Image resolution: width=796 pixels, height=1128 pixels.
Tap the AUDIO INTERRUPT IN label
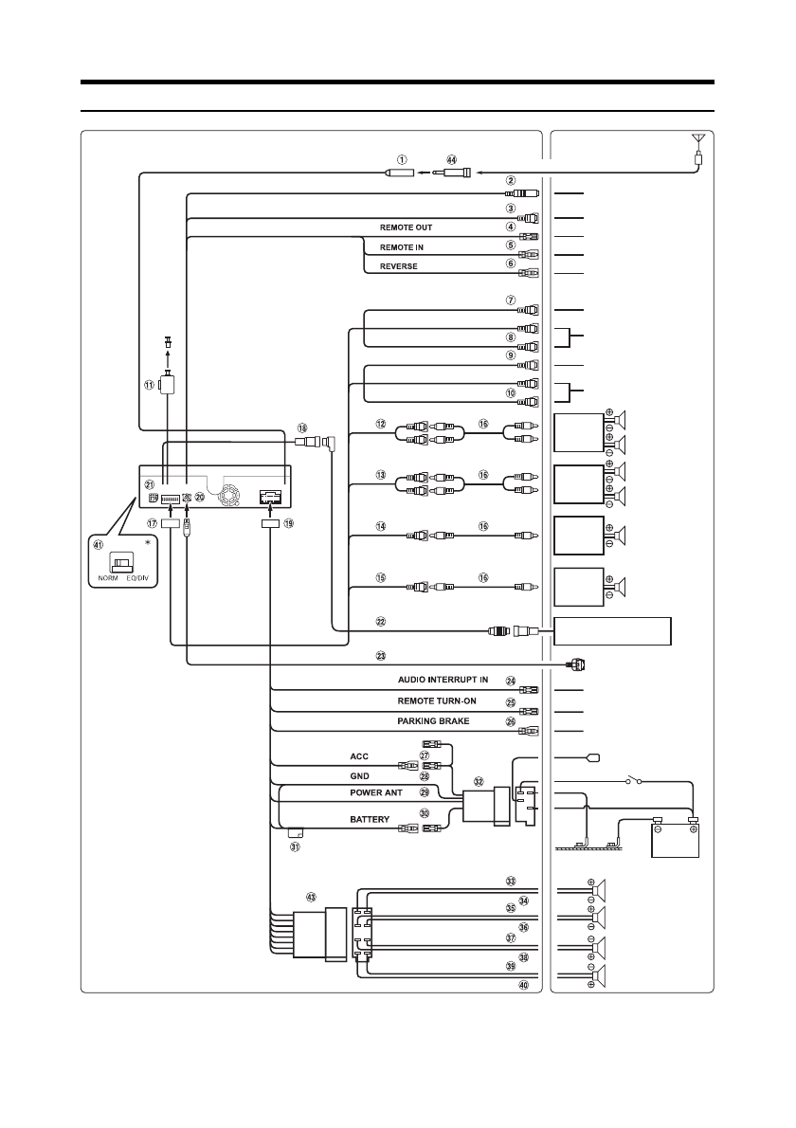[x=443, y=680]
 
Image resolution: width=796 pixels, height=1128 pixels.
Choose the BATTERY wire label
[x=370, y=818]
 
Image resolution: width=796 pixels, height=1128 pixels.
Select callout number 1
[x=403, y=159]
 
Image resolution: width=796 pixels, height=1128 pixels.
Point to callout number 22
[x=381, y=622]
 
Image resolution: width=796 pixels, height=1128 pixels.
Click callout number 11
[x=149, y=385]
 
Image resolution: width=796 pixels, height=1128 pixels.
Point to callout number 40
[x=510, y=985]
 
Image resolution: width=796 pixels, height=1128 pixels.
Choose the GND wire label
[x=358, y=775]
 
